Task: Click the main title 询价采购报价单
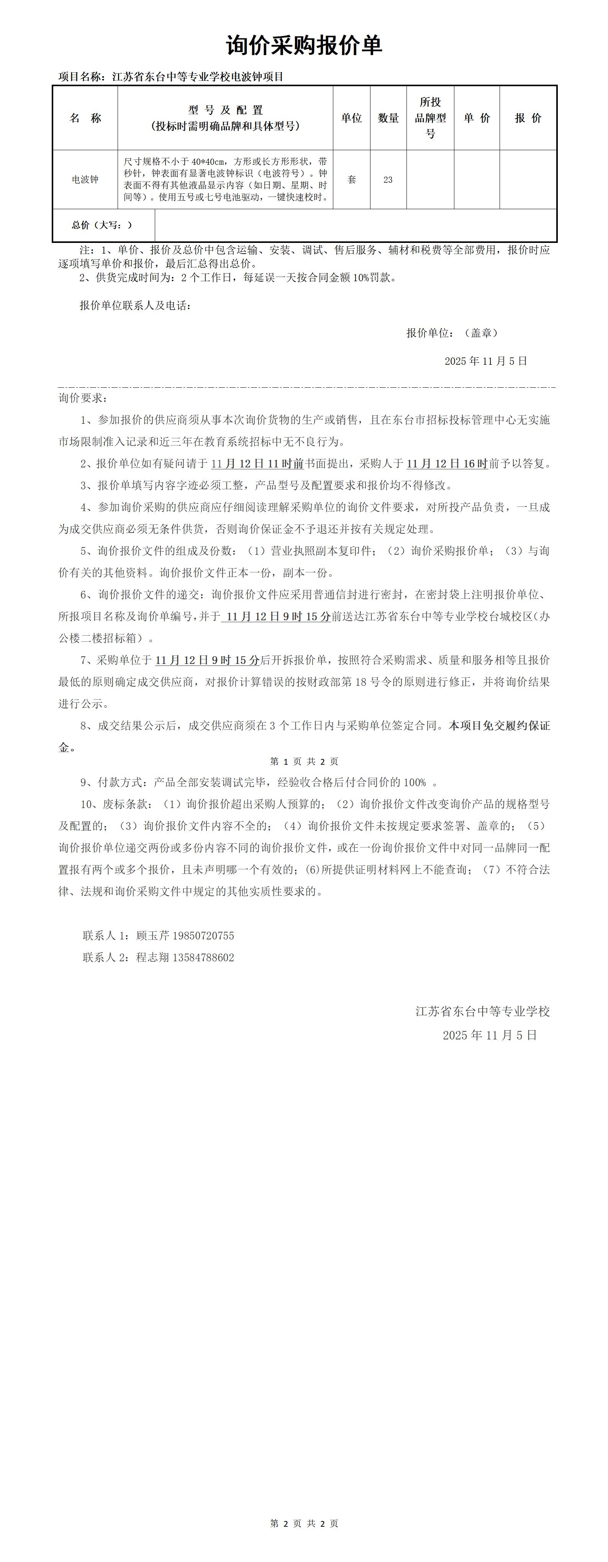[304, 46]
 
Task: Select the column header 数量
[388, 118]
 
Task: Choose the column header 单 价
[477, 118]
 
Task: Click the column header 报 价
[528, 118]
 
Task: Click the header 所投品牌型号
[430, 118]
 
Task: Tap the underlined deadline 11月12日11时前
[257, 464]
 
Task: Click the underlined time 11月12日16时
[447, 464]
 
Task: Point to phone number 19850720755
[203, 936]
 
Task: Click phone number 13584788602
[203, 957]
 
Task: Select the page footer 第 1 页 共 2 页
[304, 762]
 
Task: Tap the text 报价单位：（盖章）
[452, 333]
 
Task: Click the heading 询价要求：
[83, 398]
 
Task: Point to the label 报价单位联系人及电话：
[136, 306]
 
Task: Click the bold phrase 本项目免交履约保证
[499, 726]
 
